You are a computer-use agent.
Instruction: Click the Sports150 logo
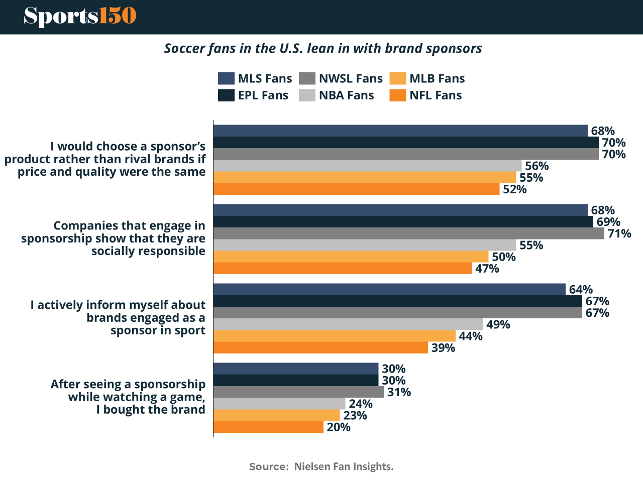coord(80,16)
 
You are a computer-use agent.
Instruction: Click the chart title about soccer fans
coord(323,49)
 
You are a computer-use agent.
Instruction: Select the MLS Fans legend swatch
coord(227,78)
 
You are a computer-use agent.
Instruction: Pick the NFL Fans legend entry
coord(425,95)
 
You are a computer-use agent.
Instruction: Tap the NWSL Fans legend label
coord(351,79)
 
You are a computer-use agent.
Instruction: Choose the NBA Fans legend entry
coord(337,95)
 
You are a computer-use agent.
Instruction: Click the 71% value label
coord(619,233)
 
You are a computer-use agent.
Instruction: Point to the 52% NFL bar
coord(357,189)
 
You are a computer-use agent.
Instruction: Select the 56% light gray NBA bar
coord(368,166)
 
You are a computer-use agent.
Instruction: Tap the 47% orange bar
coord(343,269)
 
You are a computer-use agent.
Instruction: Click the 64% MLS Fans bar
coord(389,289)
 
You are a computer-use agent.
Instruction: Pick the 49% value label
coord(498,325)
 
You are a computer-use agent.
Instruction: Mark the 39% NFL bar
coord(320,348)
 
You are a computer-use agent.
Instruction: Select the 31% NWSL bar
coord(299,392)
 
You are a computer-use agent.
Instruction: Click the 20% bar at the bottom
coord(268,427)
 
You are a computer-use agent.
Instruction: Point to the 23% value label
coord(355,416)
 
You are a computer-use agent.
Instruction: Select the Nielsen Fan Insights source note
coord(321,466)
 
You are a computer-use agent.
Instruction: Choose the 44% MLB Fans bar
coord(335,336)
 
